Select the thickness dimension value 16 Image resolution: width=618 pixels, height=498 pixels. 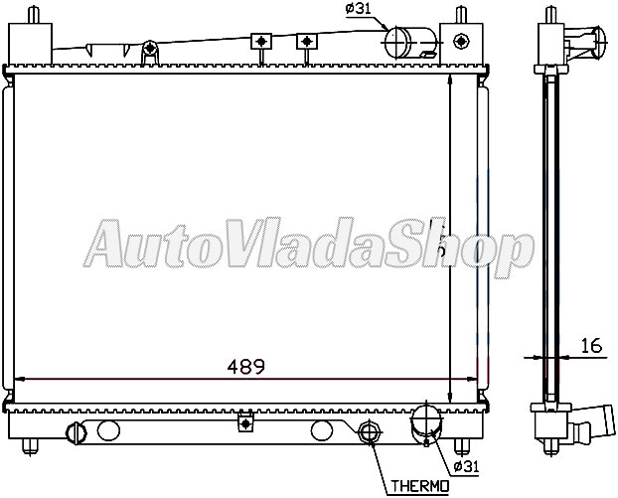pos(590,345)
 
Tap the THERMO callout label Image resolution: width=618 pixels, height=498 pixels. pos(418,485)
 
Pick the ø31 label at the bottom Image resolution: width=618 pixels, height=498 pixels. pos(466,465)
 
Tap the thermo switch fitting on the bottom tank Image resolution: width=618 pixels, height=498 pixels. pos(370,431)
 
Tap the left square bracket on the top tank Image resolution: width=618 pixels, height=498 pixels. pos(261,41)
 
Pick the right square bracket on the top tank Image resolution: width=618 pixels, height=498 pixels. pos(307,41)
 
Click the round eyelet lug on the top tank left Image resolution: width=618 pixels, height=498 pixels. pos(149,48)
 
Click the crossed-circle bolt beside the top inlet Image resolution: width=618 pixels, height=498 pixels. pos(460,41)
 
